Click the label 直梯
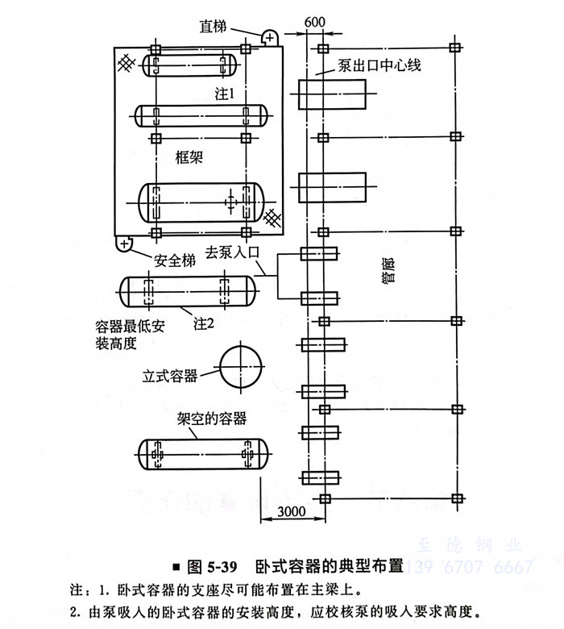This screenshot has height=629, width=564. [214, 27]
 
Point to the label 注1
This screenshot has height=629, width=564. [224, 94]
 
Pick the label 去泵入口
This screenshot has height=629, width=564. [234, 251]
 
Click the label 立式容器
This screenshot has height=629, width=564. [170, 376]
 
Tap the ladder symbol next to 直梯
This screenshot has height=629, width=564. [268, 36]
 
